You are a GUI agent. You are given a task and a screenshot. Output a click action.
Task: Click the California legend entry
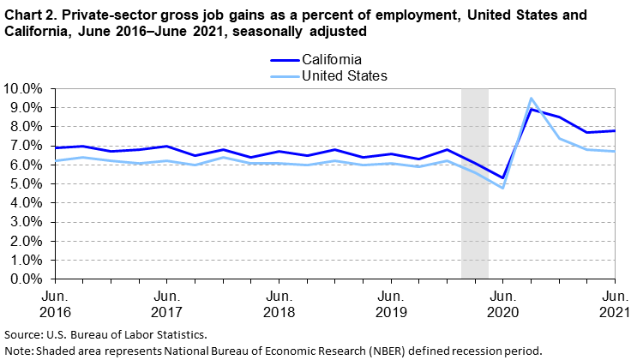(315, 60)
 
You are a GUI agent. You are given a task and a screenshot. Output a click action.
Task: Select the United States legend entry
(329, 75)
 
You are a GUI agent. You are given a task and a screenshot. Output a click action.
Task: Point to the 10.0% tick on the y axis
(27, 88)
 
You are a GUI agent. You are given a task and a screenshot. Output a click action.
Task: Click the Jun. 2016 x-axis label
(56, 304)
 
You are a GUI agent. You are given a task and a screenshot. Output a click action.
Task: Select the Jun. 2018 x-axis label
(279, 304)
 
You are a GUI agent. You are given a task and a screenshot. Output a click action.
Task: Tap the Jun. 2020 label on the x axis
(503, 304)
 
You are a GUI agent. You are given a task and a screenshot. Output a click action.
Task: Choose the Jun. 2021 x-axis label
(615, 304)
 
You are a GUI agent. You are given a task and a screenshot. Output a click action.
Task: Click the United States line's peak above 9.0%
(531, 98)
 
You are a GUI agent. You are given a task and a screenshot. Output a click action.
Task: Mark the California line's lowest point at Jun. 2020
(502, 178)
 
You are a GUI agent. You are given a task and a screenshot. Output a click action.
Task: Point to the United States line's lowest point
(502, 189)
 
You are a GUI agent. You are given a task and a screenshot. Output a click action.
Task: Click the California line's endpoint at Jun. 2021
(615, 131)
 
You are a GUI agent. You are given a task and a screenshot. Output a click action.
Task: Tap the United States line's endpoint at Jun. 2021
(615, 152)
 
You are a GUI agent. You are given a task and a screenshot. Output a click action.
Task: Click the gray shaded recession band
(475, 183)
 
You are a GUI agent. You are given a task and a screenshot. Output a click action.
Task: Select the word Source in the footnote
(21, 334)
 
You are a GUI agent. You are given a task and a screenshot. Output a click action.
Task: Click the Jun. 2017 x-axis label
(167, 304)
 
